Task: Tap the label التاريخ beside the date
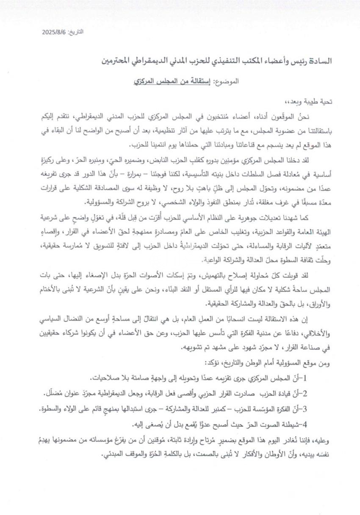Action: (x=76, y=32)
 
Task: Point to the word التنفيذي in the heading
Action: (x=229, y=61)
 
